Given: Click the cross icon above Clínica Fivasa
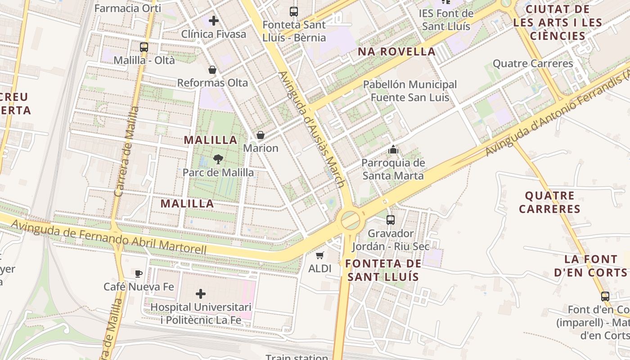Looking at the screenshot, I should click(x=214, y=20).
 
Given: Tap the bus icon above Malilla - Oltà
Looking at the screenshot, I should click(x=144, y=47).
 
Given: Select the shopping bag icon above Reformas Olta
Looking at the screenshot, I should click(x=212, y=70).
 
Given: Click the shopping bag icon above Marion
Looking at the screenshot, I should click(x=260, y=135).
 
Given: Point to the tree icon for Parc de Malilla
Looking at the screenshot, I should click(x=218, y=159).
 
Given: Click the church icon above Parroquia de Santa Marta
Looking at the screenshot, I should click(x=393, y=149).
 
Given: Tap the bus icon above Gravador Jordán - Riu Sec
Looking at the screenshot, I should click(x=391, y=220).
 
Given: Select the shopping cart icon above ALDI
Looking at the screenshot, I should click(x=320, y=256).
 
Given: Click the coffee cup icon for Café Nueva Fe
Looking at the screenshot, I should click(x=139, y=273).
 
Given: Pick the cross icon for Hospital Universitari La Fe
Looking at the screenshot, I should click(x=201, y=294).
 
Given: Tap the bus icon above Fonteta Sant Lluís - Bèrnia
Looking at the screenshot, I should click(x=294, y=12).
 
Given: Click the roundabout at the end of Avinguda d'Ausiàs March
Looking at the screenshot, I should click(x=350, y=220).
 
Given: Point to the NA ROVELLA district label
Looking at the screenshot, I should click(x=396, y=51).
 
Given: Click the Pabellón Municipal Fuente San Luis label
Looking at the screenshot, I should click(x=409, y=90).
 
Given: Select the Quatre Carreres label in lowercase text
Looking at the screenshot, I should click(x=533, y=63).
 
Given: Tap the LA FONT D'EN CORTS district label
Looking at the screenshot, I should click(x=590, y=265).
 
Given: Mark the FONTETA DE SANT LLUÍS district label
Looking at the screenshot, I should click(x=384, y=270).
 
